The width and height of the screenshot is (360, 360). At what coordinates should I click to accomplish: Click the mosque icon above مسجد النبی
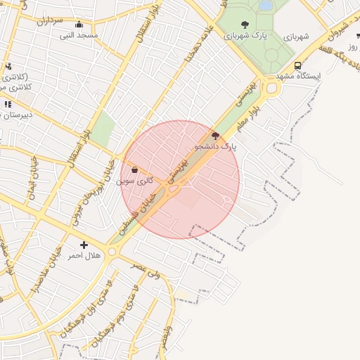point(78,25)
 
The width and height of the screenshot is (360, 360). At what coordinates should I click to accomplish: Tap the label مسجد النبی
point(78,34)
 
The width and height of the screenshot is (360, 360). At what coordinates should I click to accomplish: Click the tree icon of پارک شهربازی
point(245,25)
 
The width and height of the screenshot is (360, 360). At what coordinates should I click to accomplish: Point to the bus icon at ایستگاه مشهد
point(298,65)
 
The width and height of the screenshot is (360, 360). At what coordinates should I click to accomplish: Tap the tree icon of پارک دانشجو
point(215,136)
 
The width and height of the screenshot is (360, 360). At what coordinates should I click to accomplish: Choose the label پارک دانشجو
point(215,147)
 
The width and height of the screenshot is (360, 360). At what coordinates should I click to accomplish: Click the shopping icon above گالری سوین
point(134,169)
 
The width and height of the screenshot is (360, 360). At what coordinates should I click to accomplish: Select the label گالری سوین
point(133,181)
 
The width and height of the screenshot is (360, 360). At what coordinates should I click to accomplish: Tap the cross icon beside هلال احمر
point(84,245)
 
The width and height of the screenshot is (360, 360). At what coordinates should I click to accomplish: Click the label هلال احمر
point(84,255)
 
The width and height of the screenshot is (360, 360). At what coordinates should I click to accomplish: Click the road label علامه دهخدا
point(198,50)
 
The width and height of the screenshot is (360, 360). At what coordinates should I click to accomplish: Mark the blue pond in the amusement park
point(266,5)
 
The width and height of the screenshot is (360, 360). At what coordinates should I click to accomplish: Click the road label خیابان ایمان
point(32,179)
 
